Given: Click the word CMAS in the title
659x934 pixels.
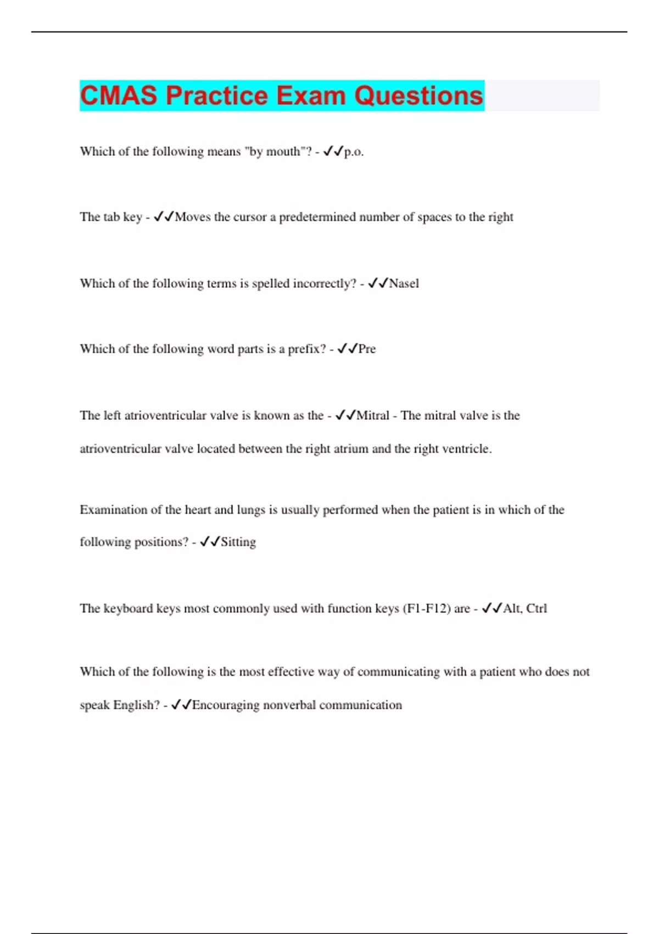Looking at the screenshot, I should [x=119, y=96].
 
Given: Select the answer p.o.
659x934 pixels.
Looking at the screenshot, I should [x=354, y=152].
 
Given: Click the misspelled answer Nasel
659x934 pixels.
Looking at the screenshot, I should [x=404, y=283].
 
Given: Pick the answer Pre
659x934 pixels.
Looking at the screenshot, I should [x=367, y=349].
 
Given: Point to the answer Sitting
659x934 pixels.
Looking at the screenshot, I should [x=238, y=542].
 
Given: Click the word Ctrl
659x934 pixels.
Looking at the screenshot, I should [x=537, y=609].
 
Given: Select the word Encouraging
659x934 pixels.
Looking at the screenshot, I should [x=226, y=705].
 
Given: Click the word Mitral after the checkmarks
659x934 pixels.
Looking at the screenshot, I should [x=373, y=415].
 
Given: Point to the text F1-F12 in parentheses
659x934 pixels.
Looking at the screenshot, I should [x=427, y=609].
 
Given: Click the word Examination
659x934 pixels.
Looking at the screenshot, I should [x=113, y=510].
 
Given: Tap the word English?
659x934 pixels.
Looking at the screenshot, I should [x=136, y=705].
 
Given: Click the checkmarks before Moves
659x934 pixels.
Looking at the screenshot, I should [x=164, y=217].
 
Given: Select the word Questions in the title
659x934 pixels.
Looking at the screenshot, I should [x=418, y=96].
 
